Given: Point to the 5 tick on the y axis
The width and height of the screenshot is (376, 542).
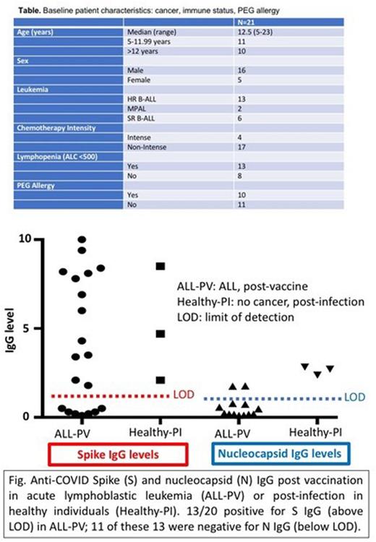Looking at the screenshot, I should tap(27, 328).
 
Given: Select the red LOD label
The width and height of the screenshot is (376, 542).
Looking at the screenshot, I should tap(182, 396).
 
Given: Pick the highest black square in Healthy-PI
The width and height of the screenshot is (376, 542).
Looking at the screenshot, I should tap(160, 266).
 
